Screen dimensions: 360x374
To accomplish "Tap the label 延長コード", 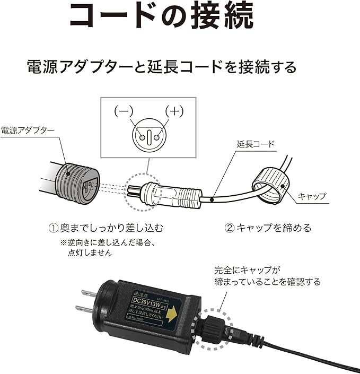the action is (257, 144).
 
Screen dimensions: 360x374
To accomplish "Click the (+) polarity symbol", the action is (173, 111).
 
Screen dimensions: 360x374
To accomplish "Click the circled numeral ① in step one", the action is (53, 229).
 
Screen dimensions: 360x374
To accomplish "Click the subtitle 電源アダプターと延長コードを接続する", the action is (162, 67).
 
